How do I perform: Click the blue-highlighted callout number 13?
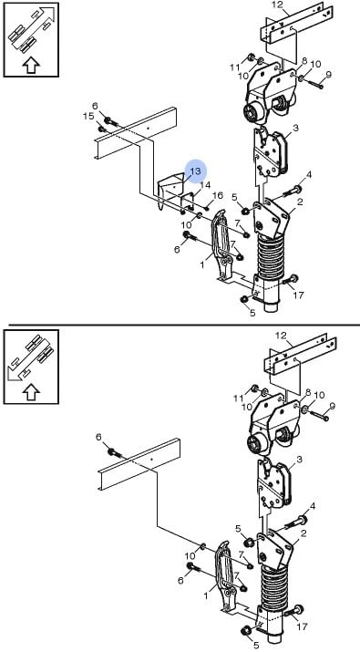[x=195, y=171]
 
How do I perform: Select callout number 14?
[x=205, y=185]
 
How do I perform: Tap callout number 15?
[x=88, y=117]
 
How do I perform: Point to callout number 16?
[x=218, y=195]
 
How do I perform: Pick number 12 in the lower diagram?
[x=282, y=336]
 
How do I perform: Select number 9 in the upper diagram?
[x=328, y=75]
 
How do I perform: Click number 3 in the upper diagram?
[x=295, y=128]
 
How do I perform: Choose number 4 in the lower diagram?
[x=313, y=506]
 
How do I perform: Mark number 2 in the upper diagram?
[x=300, y=202]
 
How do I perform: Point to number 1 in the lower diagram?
[x=205, y=595]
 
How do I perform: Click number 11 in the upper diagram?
[x=235, y=67]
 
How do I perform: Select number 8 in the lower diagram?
[x=308, y=392]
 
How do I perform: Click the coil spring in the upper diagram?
[x=270, y=260]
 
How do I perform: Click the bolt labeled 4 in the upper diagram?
[x=293, y=192]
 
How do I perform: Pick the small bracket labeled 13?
[x=170, y=190]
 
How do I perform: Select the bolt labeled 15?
[x=101, y=129]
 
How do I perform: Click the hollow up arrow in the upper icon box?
[x=31, y=66]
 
